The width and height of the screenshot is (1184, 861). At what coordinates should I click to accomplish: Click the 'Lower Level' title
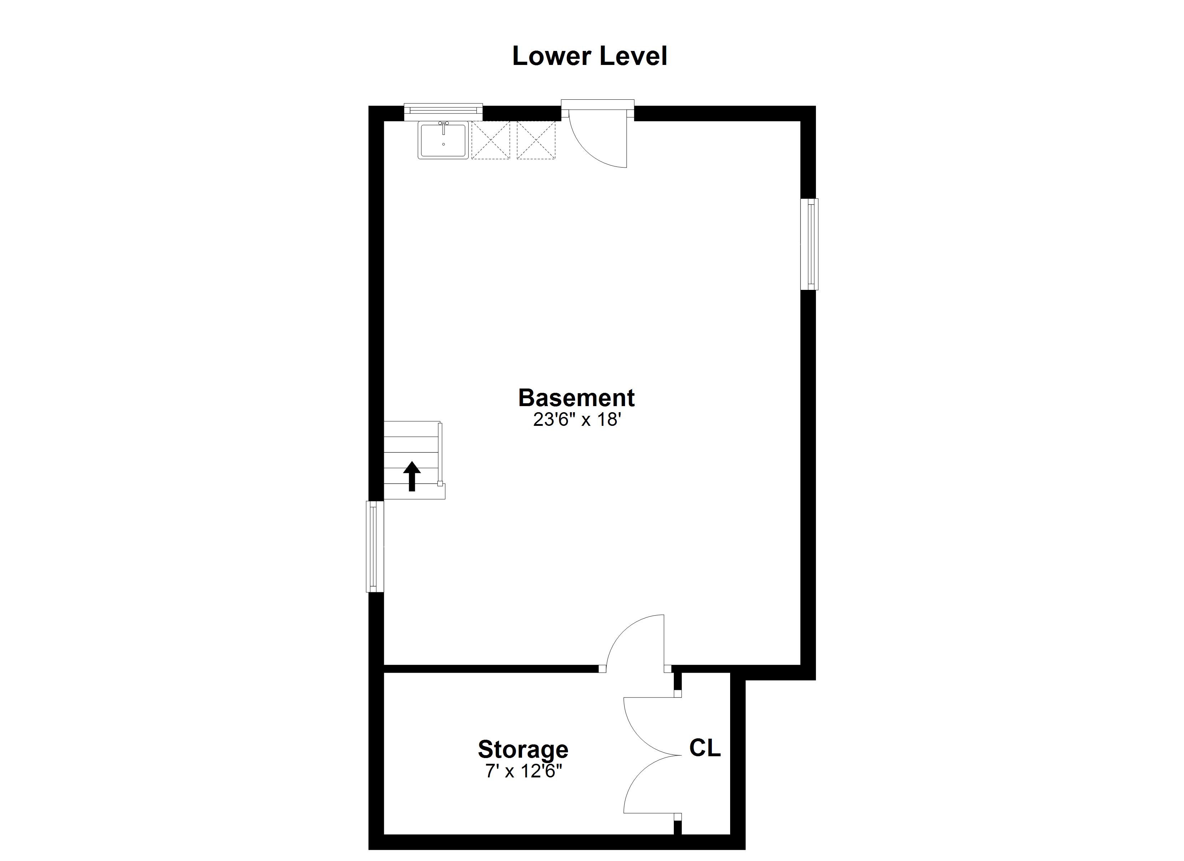pyautogui.click(x=589, y=56)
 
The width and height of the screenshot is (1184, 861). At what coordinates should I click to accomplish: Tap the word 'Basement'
pyautogui.click(x=576, y=398)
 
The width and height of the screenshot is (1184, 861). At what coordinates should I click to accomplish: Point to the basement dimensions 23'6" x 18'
pyautogui.click(x=576, y=420)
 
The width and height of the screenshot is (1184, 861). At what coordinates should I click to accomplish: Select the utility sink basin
pyautogui.click(x=443, y=141)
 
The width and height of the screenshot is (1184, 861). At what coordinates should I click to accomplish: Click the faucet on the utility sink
pyautogui.click(x=443, y=125)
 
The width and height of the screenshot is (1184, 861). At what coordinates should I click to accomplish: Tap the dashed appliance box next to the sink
pyautogui.click(x=490, y=140)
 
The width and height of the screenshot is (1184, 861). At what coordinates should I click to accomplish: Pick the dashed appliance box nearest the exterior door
pyautogui.click(x=536, y=140)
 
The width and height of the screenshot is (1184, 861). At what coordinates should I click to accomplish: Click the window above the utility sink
pyautogui.click(x=443, y=110)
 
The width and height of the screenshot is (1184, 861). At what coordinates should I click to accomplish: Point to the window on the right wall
pyautogui.click(x=810, y=244)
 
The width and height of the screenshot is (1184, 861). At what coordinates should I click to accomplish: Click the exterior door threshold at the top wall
pyautogui.click(x=597, y=104)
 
